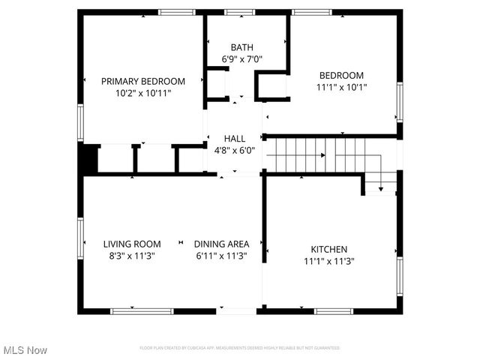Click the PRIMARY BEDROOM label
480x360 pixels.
click(x=142, y=82)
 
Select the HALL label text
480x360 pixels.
click(x=235, y=138)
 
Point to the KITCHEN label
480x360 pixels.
click(x=329, y=249)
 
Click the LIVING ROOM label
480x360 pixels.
click(x=132, y=244)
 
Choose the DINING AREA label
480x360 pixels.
click(x=221, y=244)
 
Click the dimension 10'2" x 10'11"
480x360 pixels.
click(x=142, y=94)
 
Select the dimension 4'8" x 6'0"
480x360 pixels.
click(x=235, y=150)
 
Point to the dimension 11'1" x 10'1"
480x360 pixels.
click(x=341, y=87)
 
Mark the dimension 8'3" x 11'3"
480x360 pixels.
click(x=132, y=256)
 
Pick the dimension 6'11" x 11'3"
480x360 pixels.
click(x=221, y=256)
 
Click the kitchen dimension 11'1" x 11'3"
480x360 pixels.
click(x=329, y=261)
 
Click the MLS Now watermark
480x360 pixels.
click(x=25, y=350)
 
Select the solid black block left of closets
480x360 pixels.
click(x=88, y=158)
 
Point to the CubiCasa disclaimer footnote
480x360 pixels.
click(x=240, y=348)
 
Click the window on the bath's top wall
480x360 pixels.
click(x=239, y=12)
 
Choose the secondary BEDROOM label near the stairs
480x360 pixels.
click(x=341, y=75)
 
